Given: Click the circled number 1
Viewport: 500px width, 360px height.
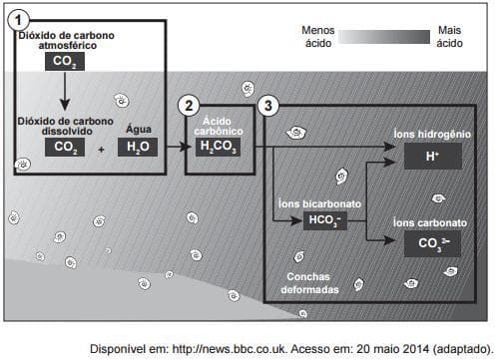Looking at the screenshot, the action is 18,20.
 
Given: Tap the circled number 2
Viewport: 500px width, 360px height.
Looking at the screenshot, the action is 189,106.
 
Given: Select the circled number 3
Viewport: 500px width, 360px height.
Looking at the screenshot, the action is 268,106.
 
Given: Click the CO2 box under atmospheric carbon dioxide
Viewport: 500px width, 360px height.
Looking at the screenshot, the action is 65,61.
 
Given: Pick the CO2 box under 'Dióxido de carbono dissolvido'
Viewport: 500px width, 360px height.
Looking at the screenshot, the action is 65,147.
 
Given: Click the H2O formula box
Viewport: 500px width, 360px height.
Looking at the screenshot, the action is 138,147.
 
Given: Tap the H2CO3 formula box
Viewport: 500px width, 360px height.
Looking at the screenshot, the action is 218,147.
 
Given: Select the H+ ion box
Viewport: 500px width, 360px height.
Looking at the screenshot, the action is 433,156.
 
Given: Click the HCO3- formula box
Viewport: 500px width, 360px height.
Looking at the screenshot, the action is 325,220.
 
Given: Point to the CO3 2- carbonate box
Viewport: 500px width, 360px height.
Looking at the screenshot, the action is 433,243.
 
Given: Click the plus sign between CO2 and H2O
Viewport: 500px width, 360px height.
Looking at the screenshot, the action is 101,150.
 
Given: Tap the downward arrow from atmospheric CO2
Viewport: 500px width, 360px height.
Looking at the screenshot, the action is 65,91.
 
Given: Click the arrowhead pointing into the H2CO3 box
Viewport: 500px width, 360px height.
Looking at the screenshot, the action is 186,147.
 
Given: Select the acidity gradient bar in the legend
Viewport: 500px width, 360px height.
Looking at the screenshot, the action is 384,37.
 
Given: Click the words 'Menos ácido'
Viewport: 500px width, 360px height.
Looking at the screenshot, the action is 318,37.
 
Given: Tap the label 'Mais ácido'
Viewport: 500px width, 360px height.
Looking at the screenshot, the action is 449,37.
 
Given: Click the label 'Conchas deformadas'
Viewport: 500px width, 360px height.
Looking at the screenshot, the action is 309,283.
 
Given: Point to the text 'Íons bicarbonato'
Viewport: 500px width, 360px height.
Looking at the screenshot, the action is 320,203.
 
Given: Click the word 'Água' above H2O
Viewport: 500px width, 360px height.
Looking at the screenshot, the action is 139,129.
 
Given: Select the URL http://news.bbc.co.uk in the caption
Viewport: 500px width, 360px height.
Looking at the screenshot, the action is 230,349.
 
